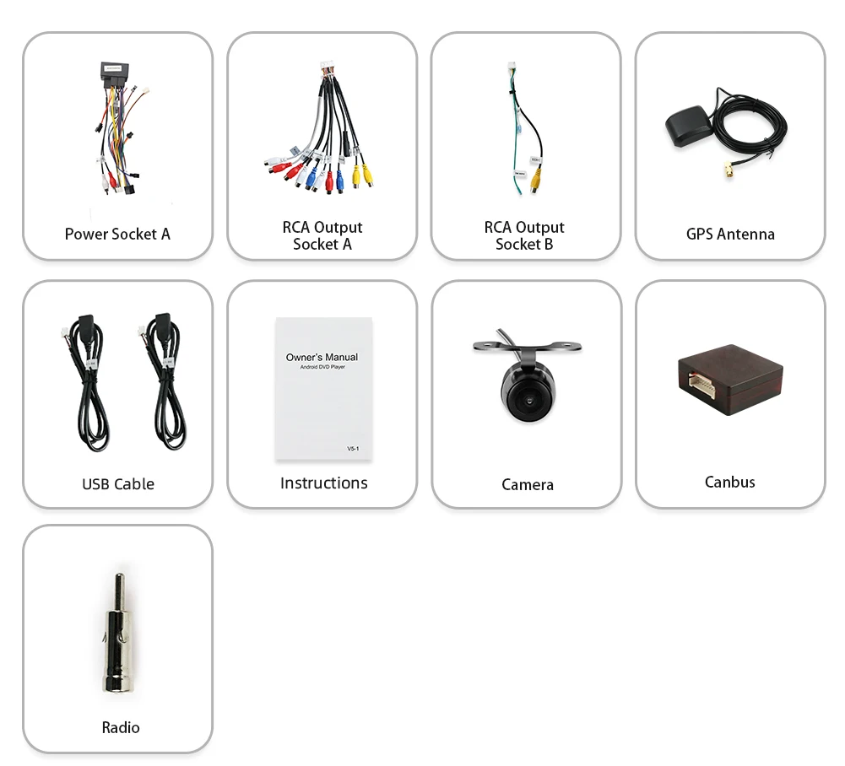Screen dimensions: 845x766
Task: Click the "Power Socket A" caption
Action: [x=117, y=235]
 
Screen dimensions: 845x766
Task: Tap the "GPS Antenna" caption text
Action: [x=730, y=235]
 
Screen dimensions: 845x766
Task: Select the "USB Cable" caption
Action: [x=118, y=484]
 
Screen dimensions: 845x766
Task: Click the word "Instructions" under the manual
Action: [x=323, y=483]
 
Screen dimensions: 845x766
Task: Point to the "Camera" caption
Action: [x=528, y=485]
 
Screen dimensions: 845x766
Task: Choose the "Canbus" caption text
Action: [x=730, y=483]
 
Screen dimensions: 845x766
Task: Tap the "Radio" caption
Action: [x=121, y=728]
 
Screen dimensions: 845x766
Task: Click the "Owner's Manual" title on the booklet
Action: [x=322, y=357]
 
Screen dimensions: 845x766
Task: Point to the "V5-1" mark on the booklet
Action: [x=353, y=449]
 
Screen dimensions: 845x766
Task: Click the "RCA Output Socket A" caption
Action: [x=322, y=236]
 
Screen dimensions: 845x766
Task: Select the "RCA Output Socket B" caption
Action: [x=524, y=236]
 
